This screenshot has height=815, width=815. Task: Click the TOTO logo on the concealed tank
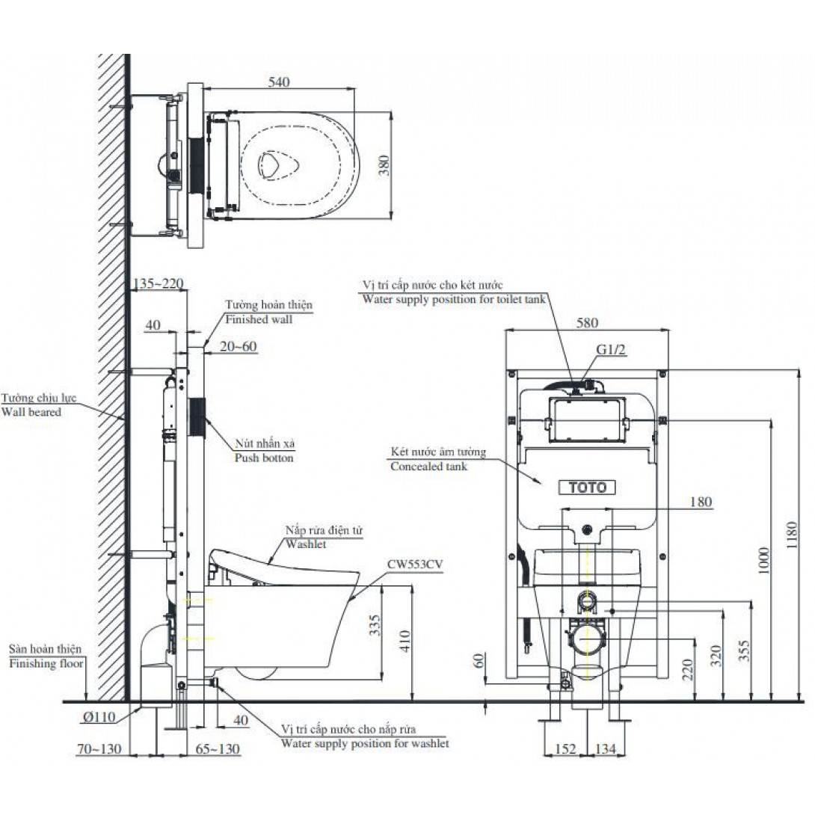(587, 488)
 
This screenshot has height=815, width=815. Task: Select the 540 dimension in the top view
(279, 82)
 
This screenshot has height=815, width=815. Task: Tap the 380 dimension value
(384, 165)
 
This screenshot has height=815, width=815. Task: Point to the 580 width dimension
(587, 323)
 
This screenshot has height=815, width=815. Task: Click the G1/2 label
(610, 350)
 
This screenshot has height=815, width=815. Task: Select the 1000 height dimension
(763, 560)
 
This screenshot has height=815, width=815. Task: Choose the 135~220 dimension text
(159, 284)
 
